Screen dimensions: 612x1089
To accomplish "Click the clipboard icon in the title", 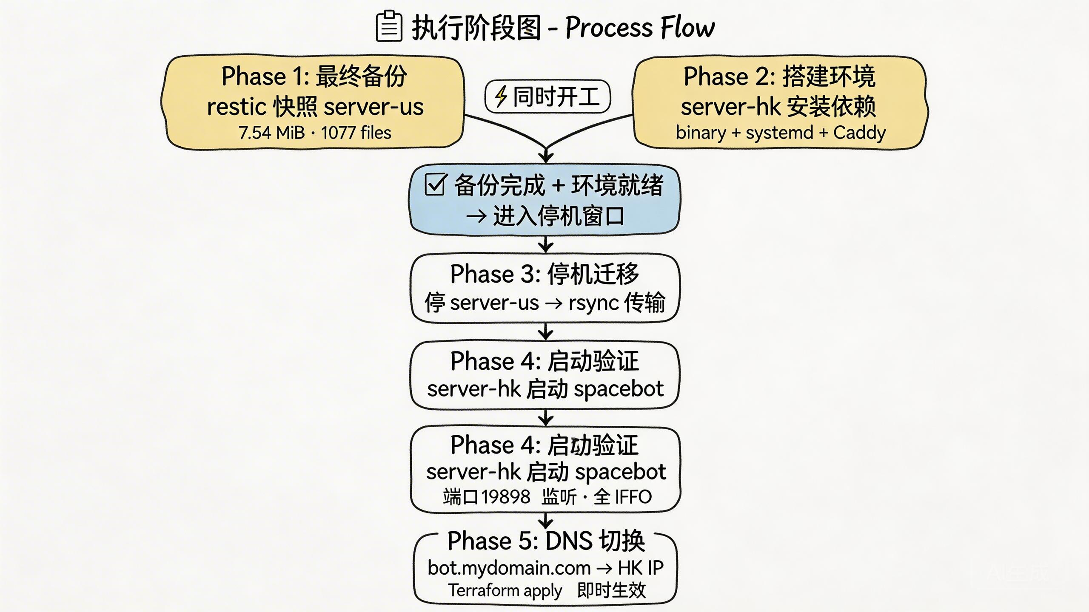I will [x=389, y=27].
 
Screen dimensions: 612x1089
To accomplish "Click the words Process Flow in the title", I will [x=640, y=28].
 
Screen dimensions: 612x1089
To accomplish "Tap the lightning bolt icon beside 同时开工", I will [x=501, y=96].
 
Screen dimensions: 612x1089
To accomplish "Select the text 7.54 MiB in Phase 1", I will [x=271, y=133].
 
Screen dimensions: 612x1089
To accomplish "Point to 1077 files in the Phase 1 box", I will [x=356, y=133].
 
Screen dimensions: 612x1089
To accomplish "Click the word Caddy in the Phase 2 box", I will [x=859, y=133].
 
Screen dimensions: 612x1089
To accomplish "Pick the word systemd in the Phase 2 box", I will [x=779, y=133].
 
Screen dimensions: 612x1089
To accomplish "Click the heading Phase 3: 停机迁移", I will [x=544, y=274].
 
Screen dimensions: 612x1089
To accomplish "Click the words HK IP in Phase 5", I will [x=640, y=568].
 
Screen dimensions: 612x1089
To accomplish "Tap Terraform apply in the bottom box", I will [x=505, y=590].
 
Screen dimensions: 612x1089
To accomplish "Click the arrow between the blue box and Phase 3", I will [x=545, y=244].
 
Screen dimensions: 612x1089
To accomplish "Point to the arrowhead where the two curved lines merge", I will [x=546, y=156].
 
